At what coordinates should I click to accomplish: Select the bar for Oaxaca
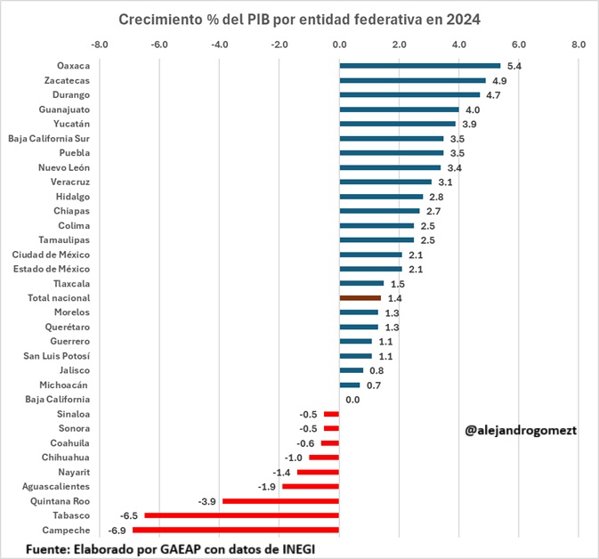pos(419,65)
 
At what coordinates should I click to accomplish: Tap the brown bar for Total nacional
pos(360,298)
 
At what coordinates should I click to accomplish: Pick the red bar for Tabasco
pos(242,515)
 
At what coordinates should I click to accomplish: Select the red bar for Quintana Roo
pos(280,501)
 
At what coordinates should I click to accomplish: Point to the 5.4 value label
pos(514,66)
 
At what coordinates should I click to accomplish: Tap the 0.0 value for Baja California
pos(352,400)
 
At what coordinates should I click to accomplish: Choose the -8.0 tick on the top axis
pos(100,43)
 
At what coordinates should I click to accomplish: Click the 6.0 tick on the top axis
pos(519,43)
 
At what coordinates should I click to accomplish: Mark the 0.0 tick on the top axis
pos(339,43)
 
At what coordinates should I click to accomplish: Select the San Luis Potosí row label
pos(54,356)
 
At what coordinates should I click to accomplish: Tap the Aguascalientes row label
pos(57,487)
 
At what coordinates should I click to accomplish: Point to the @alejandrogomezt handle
pos(521,430)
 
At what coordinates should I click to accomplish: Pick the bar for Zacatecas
pos(412,80)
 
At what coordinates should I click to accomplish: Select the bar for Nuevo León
pos(390,167)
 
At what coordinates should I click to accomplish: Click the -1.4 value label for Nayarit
pos(282,472)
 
